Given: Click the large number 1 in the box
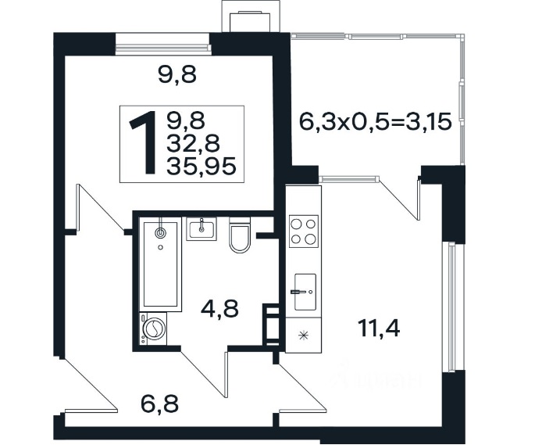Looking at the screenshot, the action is pyautogui.click(x=144, y=143).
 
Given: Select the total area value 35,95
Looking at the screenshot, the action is pyautogui.click(x=202, y=167).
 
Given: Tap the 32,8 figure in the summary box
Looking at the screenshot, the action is pyautogui.click(x=193, y=144).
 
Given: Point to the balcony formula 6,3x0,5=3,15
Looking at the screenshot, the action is pyautogui.click(x=376, y=121).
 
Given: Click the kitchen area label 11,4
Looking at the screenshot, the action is pyautogui.click(x=379, y=328).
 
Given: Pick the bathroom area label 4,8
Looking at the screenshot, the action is pyautogui.click(x=219, y=308).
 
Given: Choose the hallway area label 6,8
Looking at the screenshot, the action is pyautogui.click(x=159, y=404).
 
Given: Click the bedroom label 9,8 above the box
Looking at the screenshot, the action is pyautogui.click(x=177, y=74).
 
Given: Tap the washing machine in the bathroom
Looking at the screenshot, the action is pyautogui.click(x=153, y=329).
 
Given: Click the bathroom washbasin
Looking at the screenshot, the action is pyautogui.click(x=201, y=229).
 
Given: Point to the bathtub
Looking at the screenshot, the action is pyautogui.click(x=160, y=264).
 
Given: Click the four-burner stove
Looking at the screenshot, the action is pyautogui.click(x=304, y=231).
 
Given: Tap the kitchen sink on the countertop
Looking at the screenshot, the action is pyautogui.click(x=305, y=292).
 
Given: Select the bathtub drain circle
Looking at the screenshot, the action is pyautogui.click(x=159, y=233).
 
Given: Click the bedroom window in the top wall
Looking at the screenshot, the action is pyautogui.click(x=162, y=44).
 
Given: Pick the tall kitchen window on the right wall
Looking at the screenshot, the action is pyautogui.click(x=448, y=307).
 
